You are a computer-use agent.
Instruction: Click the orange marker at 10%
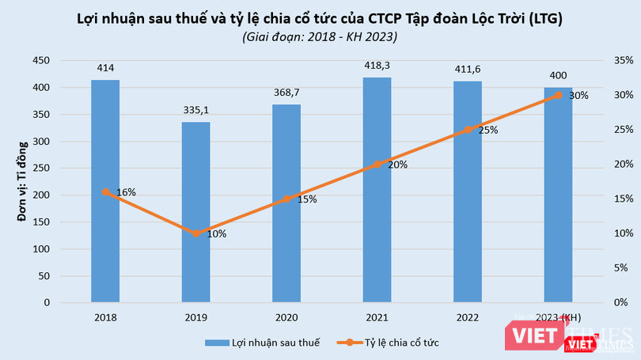[x=196, y=233]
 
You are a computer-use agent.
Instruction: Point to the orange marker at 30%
[x=558, y=95]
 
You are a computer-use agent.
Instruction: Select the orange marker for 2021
[x=377, y=165]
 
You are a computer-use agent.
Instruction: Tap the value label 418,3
[x=377, y=66]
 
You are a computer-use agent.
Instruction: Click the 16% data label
[x=126, y=192]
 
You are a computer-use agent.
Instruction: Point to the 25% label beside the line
[x=487, y=130]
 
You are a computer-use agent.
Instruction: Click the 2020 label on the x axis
[x=286, y=316]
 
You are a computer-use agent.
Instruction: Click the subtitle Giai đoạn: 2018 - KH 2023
[x=320, y=36]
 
